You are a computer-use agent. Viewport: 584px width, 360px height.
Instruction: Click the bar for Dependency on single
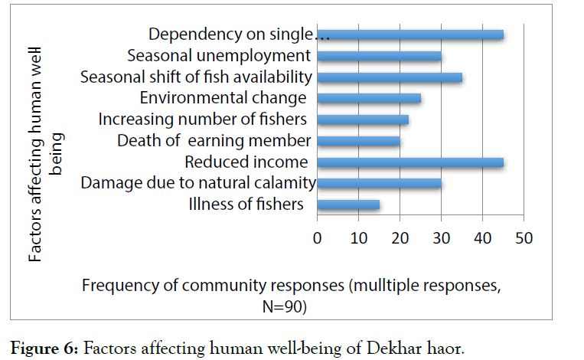coord(409,34)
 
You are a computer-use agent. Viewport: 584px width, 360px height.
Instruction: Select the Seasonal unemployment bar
coord(379,55)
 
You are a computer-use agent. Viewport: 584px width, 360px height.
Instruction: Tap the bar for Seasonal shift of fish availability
coord(389,77)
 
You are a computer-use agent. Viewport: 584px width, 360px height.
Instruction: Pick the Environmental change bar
coord(368,98)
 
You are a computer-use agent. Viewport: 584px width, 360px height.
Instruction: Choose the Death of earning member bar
coord(358,141)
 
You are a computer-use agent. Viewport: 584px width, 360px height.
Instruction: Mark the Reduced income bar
coord(409,162)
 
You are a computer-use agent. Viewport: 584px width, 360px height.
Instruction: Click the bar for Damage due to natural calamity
coord(379,183)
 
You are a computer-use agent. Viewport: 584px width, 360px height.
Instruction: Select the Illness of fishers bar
coord(347,205)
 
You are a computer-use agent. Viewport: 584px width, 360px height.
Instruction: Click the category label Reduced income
coord(246,162)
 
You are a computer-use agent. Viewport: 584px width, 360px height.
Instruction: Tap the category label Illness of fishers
coord(246,205)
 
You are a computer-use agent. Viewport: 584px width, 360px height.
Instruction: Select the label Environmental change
coord(223,98)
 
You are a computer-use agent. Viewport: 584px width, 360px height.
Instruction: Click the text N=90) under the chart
coord(279,306)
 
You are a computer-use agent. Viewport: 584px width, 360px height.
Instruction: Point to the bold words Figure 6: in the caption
coord(42,348)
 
